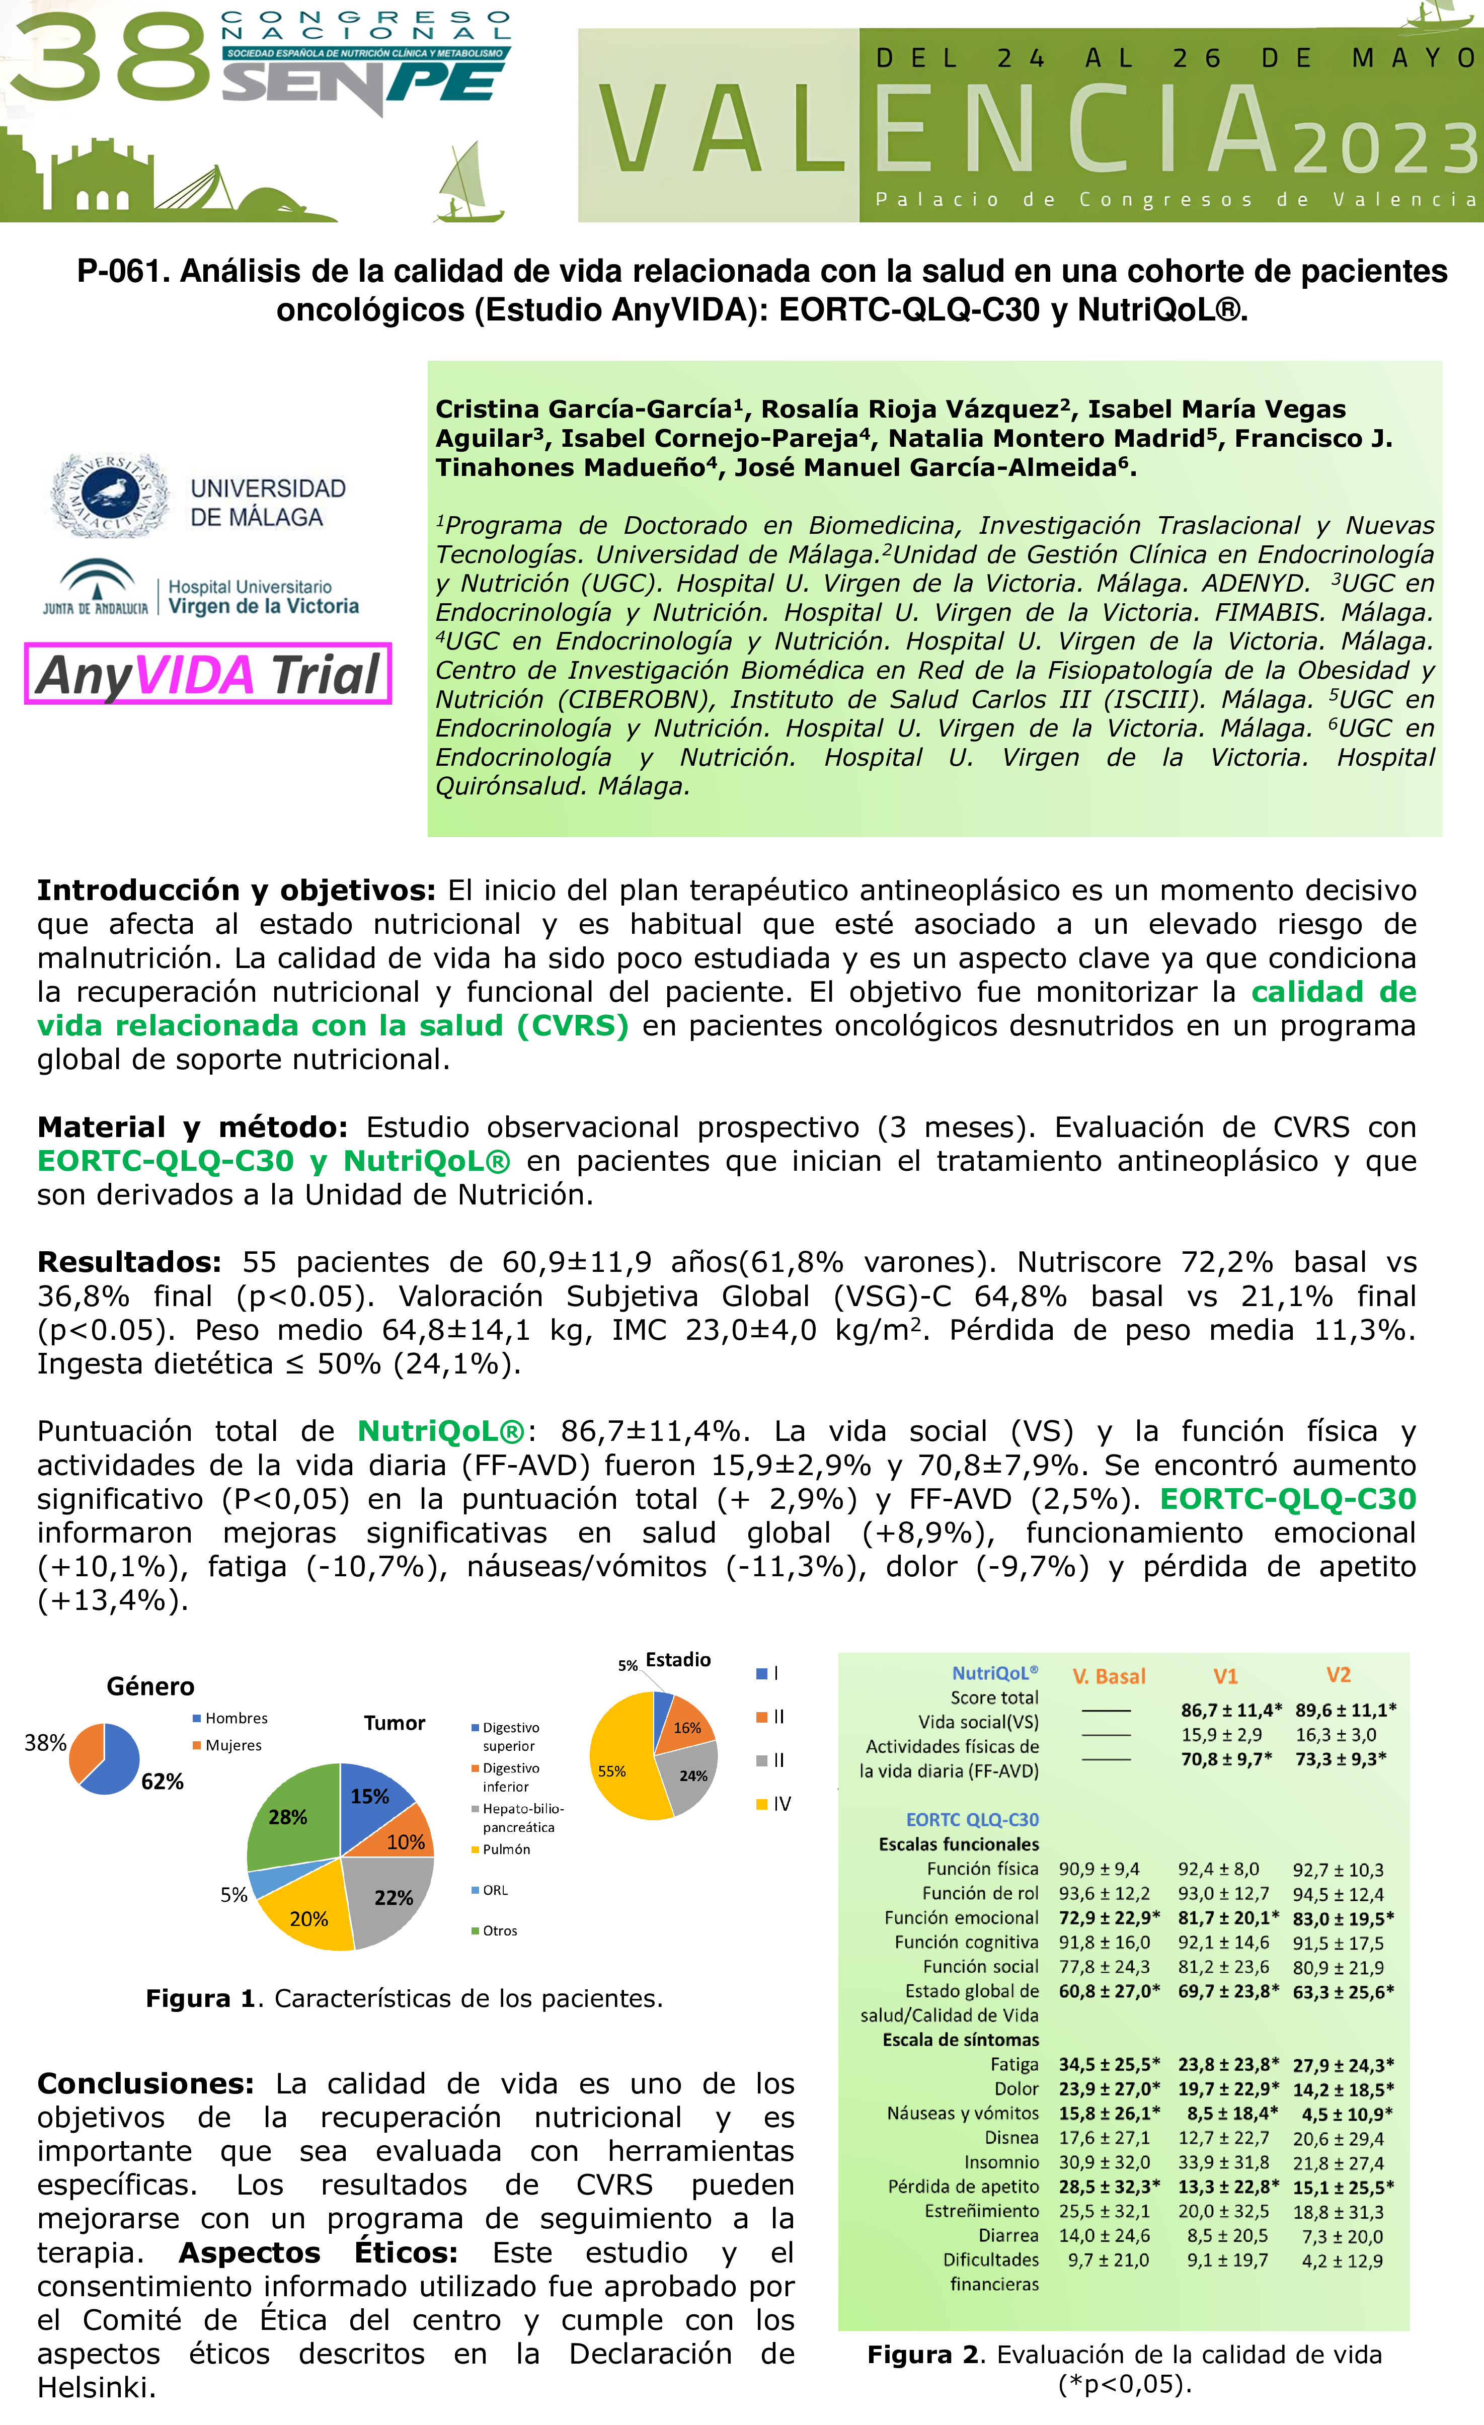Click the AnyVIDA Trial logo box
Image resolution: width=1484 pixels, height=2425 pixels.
click(x=208, y=674)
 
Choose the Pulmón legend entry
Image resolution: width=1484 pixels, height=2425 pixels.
click(x=506, y=1849)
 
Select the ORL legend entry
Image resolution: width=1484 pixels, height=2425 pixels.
click(x=495, y=1890)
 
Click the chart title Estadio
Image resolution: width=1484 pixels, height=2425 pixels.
click(x=678, y=1659)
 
